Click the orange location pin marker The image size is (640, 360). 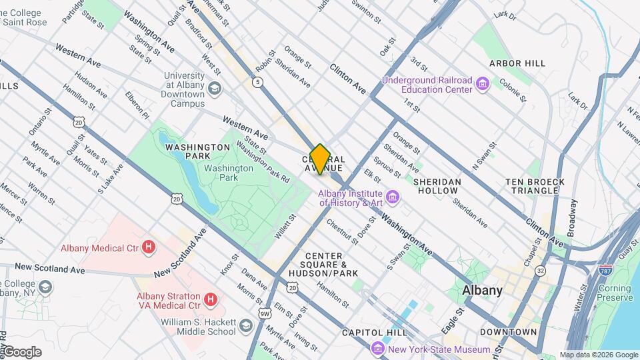[320, 159]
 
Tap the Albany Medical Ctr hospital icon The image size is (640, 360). [149, 248]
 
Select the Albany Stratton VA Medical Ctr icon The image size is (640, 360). [211, 300]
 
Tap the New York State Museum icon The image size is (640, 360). [378, 349]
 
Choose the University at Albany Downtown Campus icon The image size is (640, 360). [214, 89]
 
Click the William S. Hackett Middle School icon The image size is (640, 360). [245, 325]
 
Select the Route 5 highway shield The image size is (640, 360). [257, 82]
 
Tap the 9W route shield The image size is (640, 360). [265, 313]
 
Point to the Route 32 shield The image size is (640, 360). [540, 271]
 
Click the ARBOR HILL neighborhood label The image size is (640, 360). [517, 63]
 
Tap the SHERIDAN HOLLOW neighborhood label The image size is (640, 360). [437, 186]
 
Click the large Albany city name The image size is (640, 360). [482, 291]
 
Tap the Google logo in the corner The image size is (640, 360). [21, 352]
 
